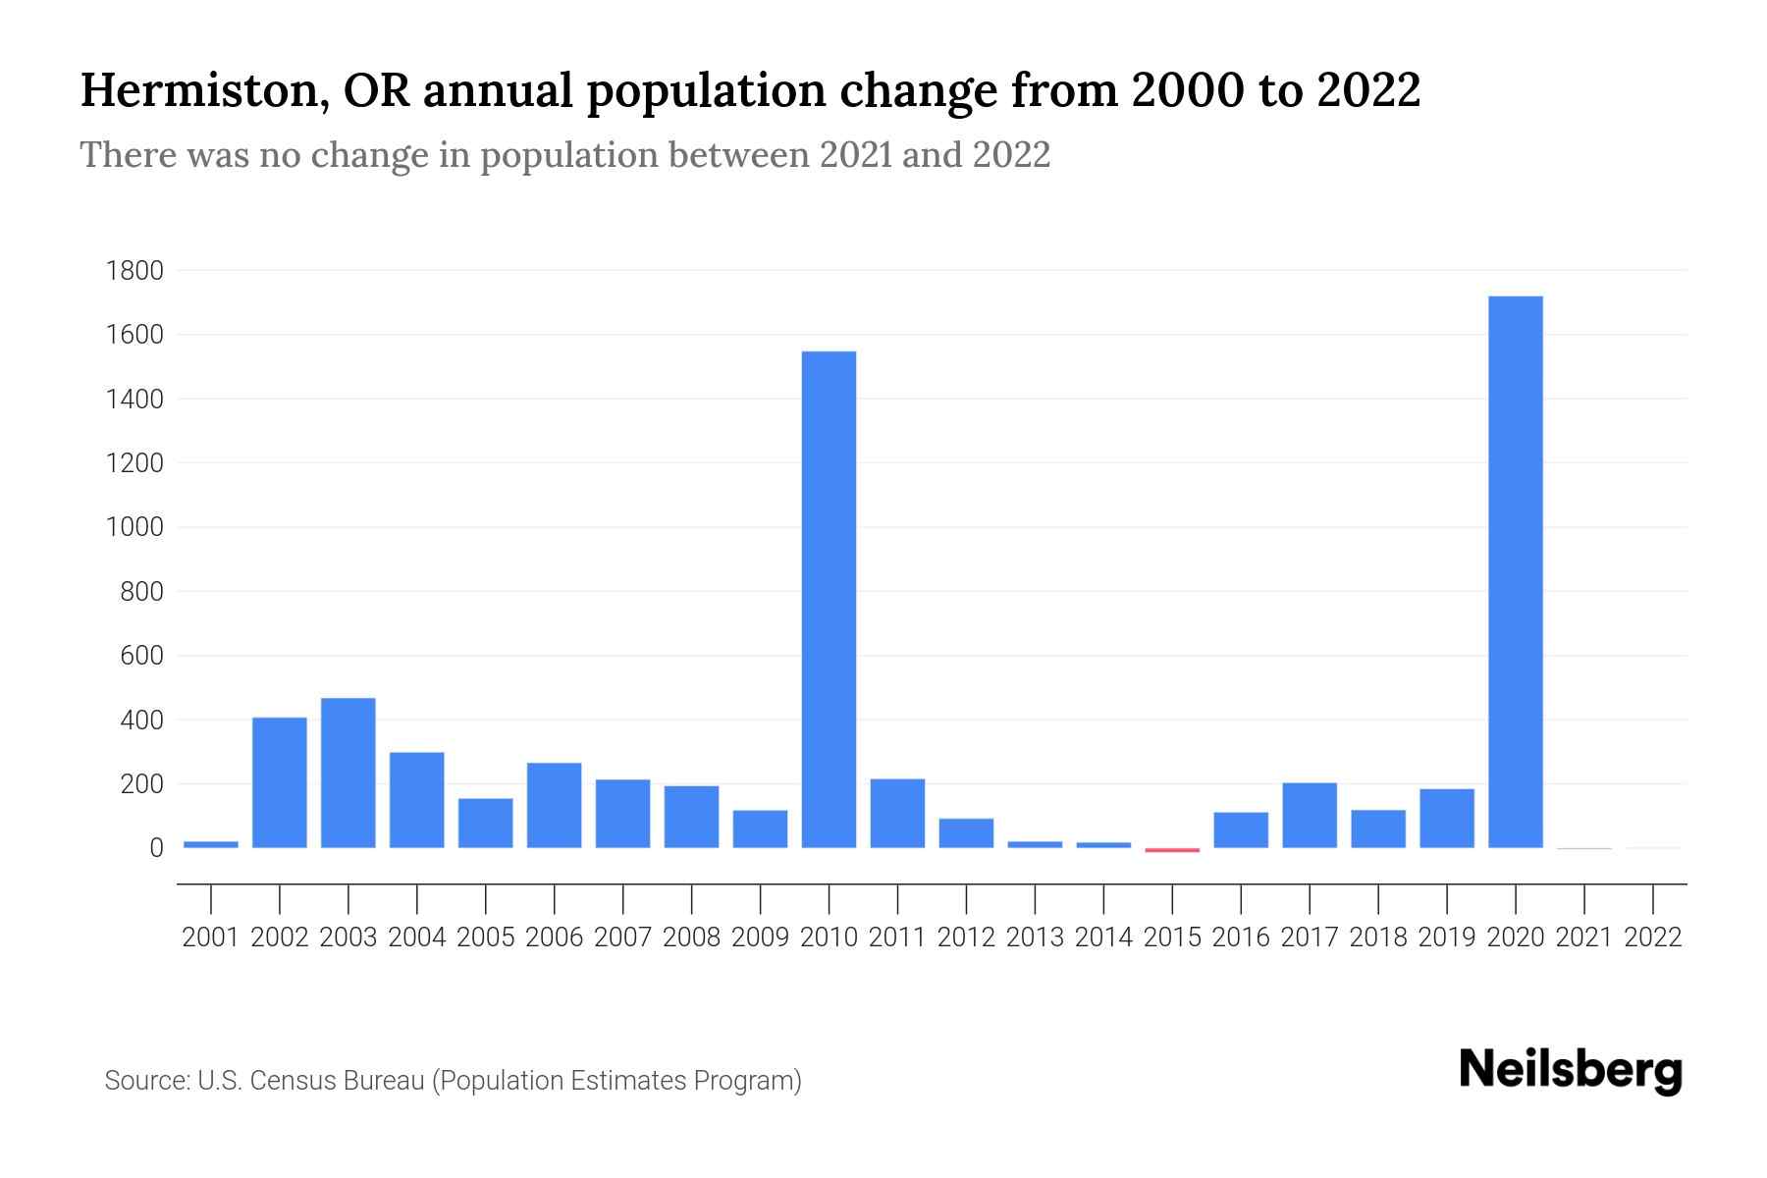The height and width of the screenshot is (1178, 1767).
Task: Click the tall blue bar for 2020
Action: pyautogui.click(x=1515, y=571)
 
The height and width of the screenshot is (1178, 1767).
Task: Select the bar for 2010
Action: pyautogui.click(x=829, y=599)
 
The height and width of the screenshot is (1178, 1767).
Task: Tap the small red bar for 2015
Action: pyautogui.click(x=1172, y=850)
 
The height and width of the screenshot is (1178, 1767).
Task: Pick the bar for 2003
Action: pyautogui.click(x=348, y=773)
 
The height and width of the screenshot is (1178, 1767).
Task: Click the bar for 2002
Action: pyautogui.click(x=279, y=782)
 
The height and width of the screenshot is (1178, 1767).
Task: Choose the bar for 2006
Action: pyautogui.click(x=554, y=805)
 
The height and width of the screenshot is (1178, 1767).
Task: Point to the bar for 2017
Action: pyautogui.click(x=1309, y=815)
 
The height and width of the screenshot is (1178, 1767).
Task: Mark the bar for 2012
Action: pyautogui.click(x=966, y=832)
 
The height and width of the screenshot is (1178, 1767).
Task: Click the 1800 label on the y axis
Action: pyautogui.click(x=134, y=271)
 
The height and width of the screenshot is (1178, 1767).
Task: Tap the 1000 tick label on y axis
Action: pyautogui.click(x=134, y=527)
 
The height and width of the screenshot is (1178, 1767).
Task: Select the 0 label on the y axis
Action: pyautogui.click(x=156, y=848)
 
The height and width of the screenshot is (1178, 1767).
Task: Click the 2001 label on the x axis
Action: pyautogui.click(x=210, y=937)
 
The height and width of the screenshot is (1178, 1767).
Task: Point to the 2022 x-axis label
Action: pyautogui.click(x=1652, y=937)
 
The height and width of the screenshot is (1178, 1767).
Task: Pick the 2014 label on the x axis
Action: pyautogui.click(x=1103, y=937)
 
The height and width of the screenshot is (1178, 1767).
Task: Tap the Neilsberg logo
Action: pyautogui.click(x=1571, y=1070)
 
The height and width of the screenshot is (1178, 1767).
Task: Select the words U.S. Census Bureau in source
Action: pyautogui.click(x=311, y=1081)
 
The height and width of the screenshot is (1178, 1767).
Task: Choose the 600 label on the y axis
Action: pyautogui.click(x=142, y=656)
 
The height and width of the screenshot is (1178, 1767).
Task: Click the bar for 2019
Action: pyautogui.click(x=1446, y=818)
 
